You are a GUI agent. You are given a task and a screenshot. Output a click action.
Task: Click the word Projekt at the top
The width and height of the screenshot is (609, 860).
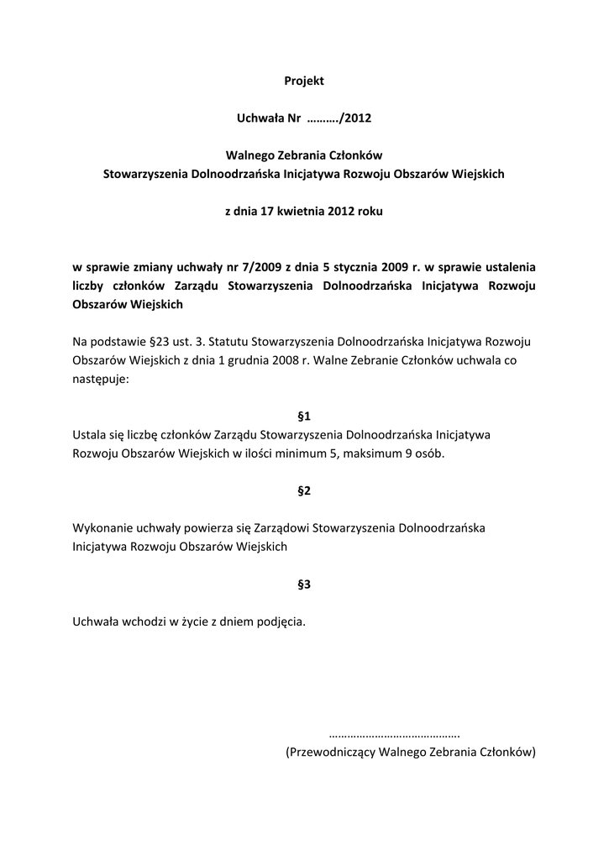[304, 81]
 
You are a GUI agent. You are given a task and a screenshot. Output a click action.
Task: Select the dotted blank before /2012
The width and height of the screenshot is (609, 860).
[323, 118]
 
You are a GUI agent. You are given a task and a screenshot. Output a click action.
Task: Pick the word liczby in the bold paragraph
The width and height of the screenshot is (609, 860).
[90, 286]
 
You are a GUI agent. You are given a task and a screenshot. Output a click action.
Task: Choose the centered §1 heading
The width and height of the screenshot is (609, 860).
[304, 416]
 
